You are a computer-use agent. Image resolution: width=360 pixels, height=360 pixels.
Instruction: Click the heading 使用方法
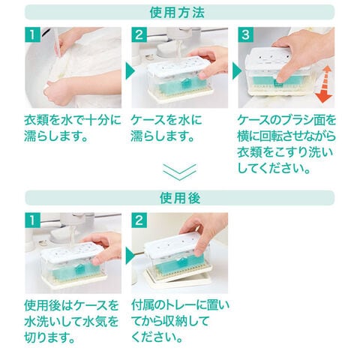pyautogui.click(x=177, y=12)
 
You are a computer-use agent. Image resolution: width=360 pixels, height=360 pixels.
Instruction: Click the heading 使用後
pyautogui.click(x=180, y=198)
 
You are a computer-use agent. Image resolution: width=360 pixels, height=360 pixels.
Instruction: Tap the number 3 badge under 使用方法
pyautogui.click(x=245, y=34)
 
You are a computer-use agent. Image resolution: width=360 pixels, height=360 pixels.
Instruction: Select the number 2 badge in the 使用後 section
pyautogui.click(x=139, y=220)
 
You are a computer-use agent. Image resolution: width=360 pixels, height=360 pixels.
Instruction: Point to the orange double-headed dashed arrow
pyautogui.click(x=323, y=84)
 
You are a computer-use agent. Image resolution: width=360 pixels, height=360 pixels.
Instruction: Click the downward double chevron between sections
pyautogui.click(x=180, y=172)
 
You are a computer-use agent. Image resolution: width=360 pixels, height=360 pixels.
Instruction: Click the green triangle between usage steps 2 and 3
pyautogui.click(x=237, y=71)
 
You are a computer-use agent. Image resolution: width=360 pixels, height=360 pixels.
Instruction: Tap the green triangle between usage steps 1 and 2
pyautogui.click(x=130, y=71)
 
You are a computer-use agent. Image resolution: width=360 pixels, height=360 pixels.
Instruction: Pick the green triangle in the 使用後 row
pyautogui.click(x=130, y=256)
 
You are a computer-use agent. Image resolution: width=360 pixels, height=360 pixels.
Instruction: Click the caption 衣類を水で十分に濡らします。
pyautogui.click(x=73, y=128)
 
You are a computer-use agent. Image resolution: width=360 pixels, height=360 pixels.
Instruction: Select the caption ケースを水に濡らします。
pyautogui.click(x=166, y=128)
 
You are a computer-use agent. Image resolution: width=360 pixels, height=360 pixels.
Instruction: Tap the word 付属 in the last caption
pyautogui.click(x=144, y=305)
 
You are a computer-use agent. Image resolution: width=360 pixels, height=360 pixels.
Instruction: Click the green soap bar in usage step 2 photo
pyautogui.click(x=181, y=85)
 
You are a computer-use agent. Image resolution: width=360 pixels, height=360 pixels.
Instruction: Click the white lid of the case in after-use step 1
pyautogui.click(x=72, y=250)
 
